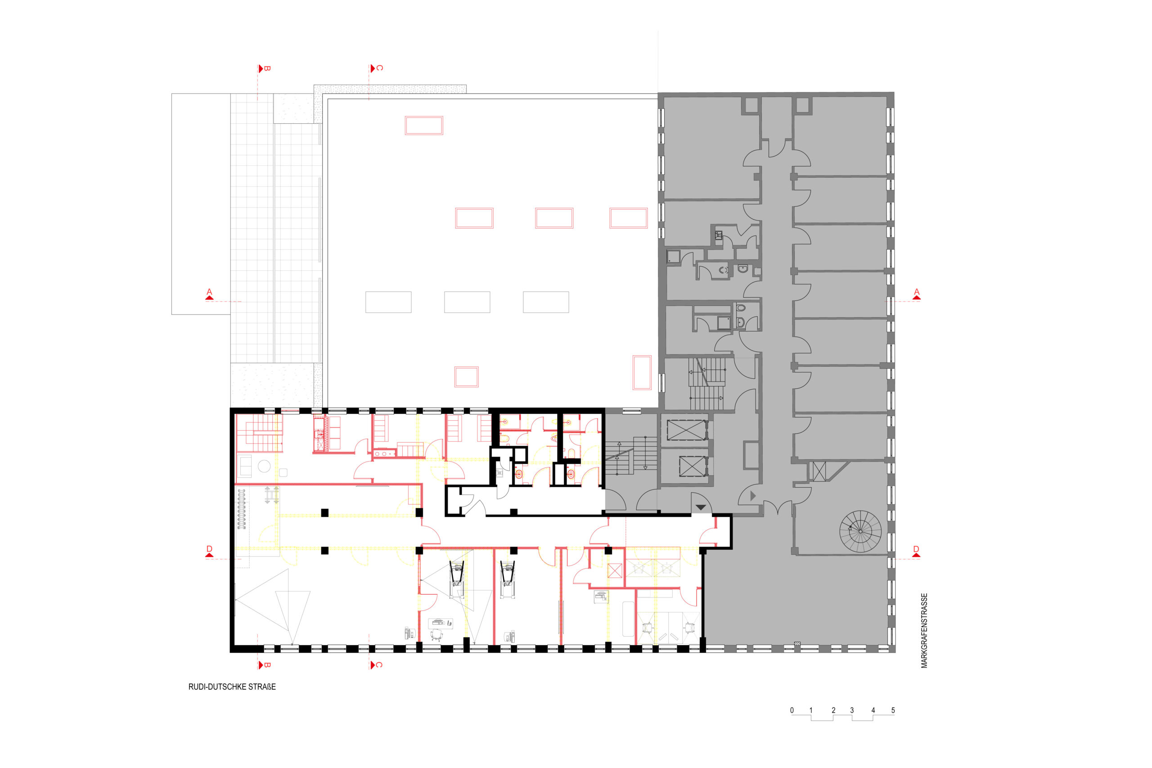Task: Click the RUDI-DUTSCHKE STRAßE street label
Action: pyautogui.click(x=232, y=687)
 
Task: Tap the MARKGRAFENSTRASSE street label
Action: pyautogui.click(x=924, y=631)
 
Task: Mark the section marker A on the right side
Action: pyautogui.click(x=916, y=294)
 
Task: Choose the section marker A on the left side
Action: pyautogui.click(x=209, y=294)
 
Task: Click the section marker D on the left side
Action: pyautogui.click(x=209, y=551)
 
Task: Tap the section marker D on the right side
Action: pyautogui.click(x=916, y=551)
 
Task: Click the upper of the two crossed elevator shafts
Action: pyautogui.click(x=687, y=430)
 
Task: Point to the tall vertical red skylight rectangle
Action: pyautogui.click(x=642, y=372)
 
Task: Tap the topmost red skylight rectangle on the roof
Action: pyautogui.click(x=423, y=126)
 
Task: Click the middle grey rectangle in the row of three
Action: pyautogui.click(x=467, y=302)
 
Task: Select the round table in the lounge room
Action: pyautogui.click(x=264, y=466)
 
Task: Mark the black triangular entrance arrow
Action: pyautogui.click(x=701, y=508)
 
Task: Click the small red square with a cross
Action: pyautogui.click(x=614, y=570)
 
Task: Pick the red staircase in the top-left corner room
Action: pyautogui.click(x=259, y=433)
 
